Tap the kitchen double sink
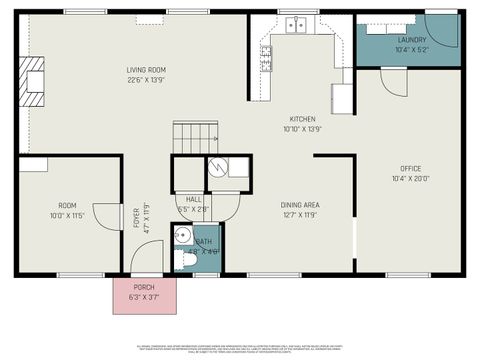pos(293,26)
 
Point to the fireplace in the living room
pos(34,80)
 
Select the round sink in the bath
pos(182,236)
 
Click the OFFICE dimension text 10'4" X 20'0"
pos(410,179)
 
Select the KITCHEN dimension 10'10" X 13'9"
pos(302,129)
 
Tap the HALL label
pos(193,199)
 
